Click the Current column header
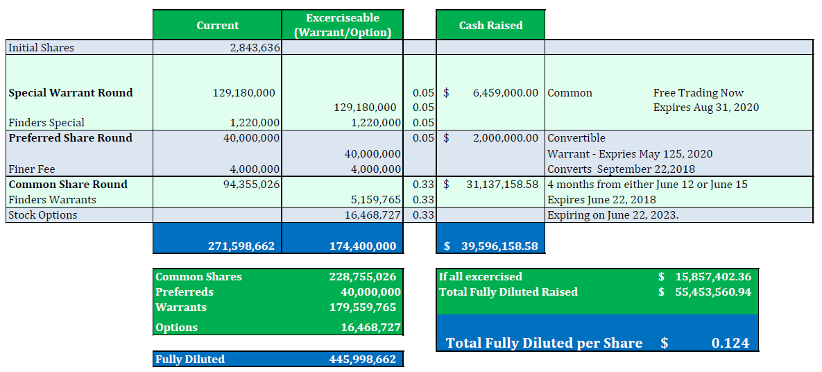click(x=217, y=26)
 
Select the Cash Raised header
click(x=490, y=26)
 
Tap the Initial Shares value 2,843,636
click(x=254, y=48)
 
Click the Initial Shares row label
click(x=41, y=48)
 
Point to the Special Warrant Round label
click(x=71, y=93)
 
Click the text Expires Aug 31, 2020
click(x=705, y=108)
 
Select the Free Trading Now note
click(x=698, y=93)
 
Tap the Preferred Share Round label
click(x=70, y=138)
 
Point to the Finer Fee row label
click(x=31, y=169)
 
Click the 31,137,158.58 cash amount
click(x=502, y=185)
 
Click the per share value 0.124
click(x=730, y=343)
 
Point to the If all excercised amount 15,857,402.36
click(x=713, y=277)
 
